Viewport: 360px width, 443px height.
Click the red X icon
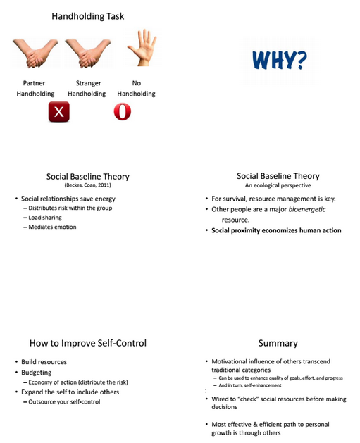point(58,112)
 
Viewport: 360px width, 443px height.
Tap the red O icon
point(123,111)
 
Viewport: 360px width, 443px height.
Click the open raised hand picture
point(142,47)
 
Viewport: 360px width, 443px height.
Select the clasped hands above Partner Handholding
point(35,53)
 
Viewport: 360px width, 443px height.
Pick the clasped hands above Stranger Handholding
point(88,53)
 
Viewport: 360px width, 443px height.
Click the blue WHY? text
point(280,60)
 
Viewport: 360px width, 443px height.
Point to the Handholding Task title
point(88,16)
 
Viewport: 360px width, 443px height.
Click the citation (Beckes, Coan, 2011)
point(88,185)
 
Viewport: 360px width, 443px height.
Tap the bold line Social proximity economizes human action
point(276,230)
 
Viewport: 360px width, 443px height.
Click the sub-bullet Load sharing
point(45,218)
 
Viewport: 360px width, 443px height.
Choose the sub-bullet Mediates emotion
point(52,227)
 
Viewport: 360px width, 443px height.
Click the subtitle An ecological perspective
point(278,185)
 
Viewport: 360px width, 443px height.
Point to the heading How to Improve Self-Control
point(88,343)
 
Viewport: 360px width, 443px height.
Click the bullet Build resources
point(44,362)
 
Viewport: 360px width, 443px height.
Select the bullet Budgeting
point(37,373)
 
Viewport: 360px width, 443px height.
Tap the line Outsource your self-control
point(64,401)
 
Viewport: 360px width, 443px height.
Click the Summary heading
point(278,343)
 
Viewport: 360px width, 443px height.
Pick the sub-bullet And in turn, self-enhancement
point(250,385)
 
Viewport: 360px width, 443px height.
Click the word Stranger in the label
point(89,83)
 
